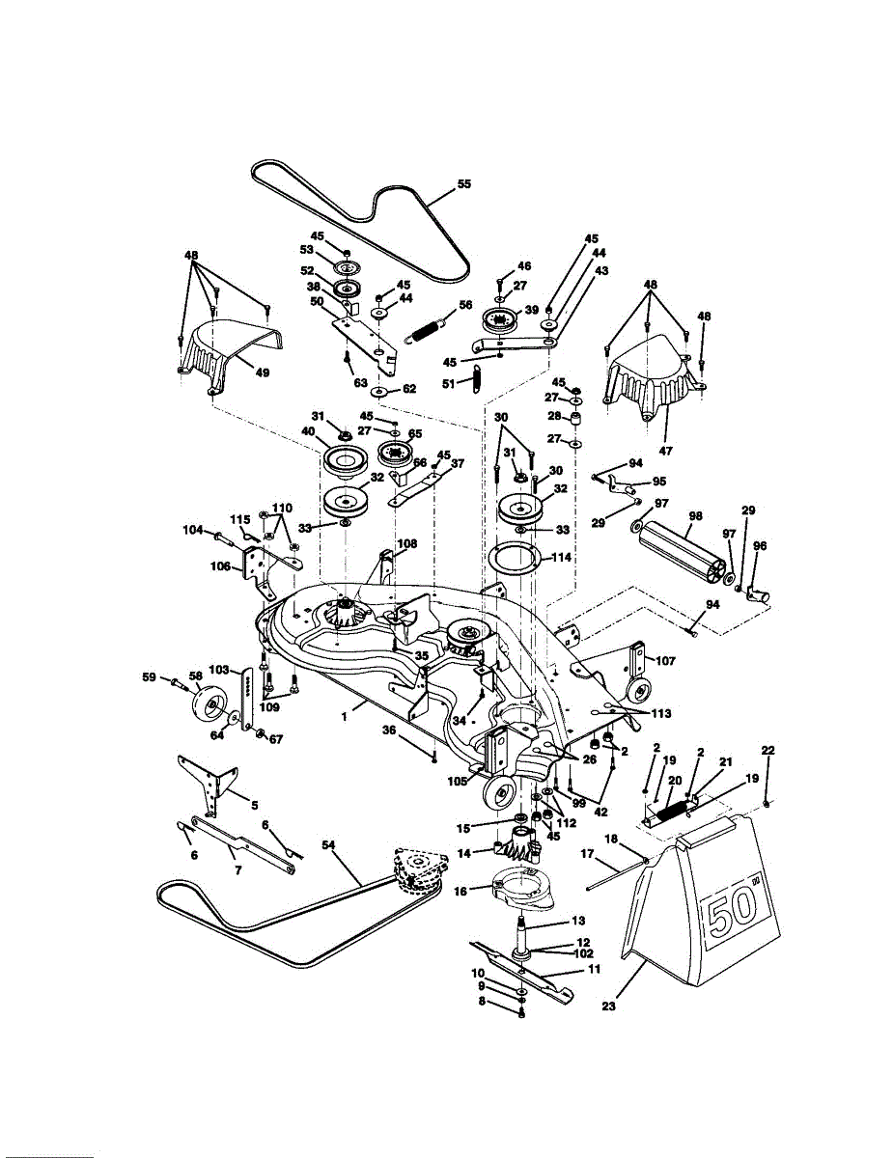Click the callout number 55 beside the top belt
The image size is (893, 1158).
(x=464, y=183)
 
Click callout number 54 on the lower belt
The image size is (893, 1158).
(x=327, y=845)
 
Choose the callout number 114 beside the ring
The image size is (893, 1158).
(x=560, y=558)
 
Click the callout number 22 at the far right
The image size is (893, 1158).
(x=767, y=752)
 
